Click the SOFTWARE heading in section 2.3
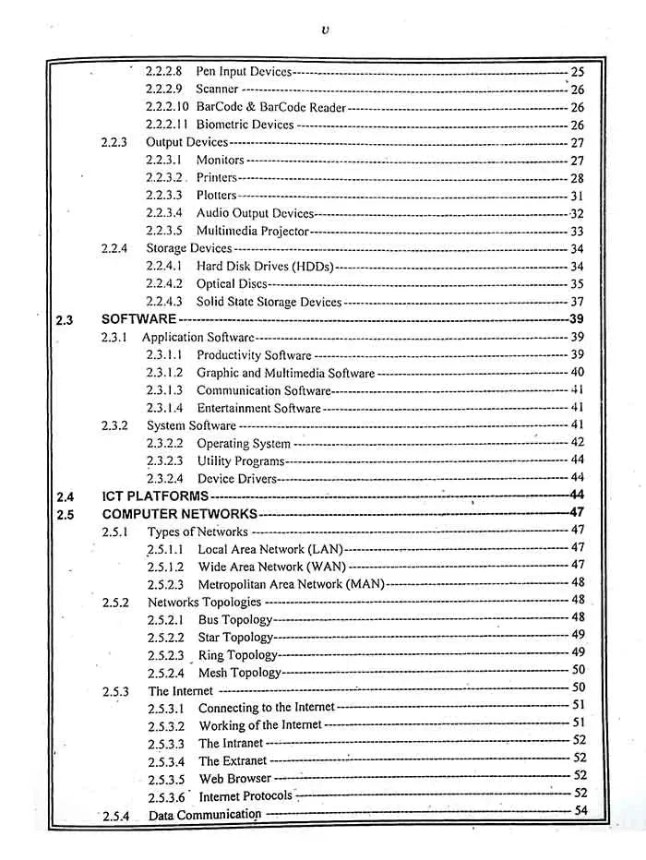point(138,319)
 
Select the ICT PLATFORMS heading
point(155,496)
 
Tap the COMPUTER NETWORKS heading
point(179,514)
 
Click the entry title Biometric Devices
point(245,125)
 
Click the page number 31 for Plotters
point(577,196)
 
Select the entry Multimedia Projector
point(252,231)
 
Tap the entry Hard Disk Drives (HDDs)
point(265,267)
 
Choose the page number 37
point(577,302)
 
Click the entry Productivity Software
point(254,355)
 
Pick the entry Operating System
point(244,444)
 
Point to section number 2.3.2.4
point(164,478)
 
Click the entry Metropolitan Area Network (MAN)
point(291,584)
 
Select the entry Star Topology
point(235,638)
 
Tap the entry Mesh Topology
point(239,673)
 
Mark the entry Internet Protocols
point(245,795)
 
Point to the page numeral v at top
point(325,30)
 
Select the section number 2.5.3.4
point(166,761)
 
